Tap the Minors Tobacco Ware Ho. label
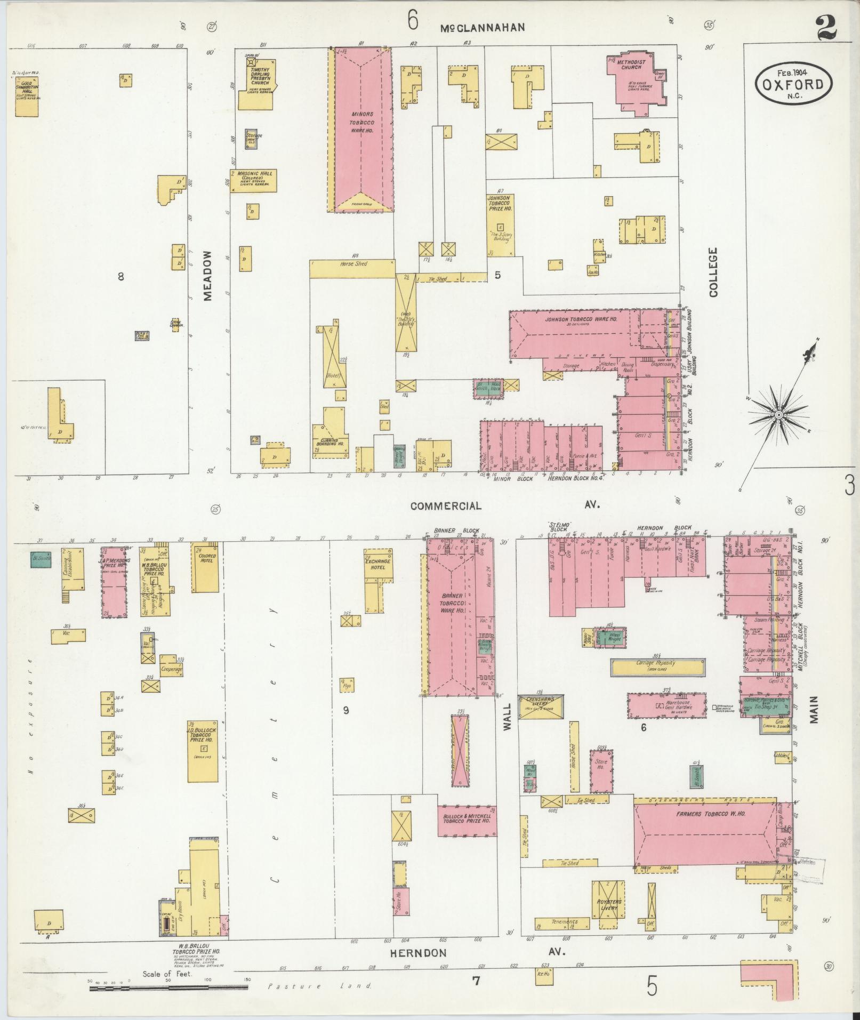(362, 122)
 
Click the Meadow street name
(208, 276)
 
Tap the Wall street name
(507, 716)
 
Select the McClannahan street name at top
(483, 28)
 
